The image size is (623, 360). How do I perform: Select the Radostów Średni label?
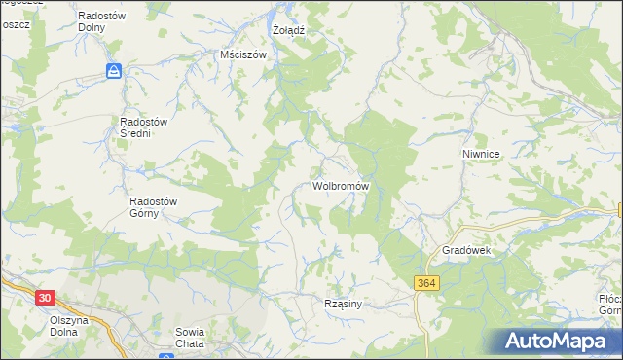click(145, 127)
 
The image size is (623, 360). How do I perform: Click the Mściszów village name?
click(243, 55)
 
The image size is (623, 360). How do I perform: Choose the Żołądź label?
click(289, 30)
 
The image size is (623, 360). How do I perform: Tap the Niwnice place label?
click(481, 154)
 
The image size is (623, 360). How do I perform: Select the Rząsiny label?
click(343, 305)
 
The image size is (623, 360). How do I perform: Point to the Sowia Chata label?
click(189, 338)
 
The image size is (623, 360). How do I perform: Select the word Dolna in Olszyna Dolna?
click(69, 333)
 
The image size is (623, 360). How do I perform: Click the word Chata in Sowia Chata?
click(190, 344)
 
